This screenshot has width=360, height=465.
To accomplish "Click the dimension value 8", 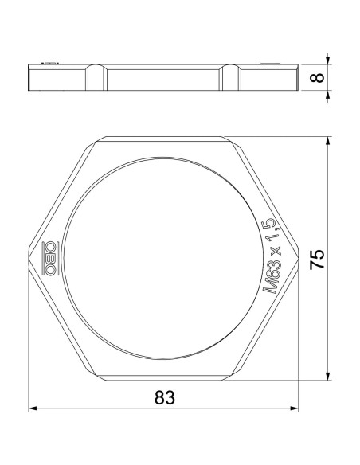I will coord(318,77).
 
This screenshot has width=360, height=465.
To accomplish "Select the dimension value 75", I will coord(317,258).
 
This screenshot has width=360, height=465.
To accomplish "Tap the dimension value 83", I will coord(164,397).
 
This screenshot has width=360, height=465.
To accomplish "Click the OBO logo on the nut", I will coord(49,259).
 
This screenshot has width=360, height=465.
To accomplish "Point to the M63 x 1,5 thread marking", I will coord(271,256).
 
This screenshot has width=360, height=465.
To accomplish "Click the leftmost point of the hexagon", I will coord(30,259).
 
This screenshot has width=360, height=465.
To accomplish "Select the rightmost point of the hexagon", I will coord(297,259).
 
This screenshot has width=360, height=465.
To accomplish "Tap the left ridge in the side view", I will coord(96,77).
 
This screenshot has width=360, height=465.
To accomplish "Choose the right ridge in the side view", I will coord(231,77).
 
